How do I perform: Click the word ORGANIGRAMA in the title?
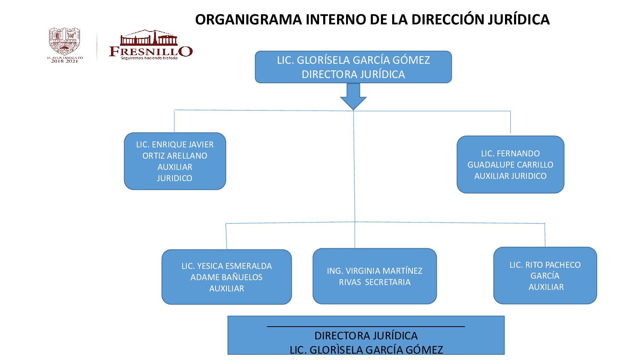pyautogui.click(x=248, y=19)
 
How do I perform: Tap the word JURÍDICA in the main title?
pyautogui.click(x=519, y=19)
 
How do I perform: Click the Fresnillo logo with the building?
pyautogui.click(x=150, y=44)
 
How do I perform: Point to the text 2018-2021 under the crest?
pyautogui.click(x=64, y=61)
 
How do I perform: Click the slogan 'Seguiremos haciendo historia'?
pyautogui.click(x=149, y=58)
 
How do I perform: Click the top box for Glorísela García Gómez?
pyautogui.click(x=353, y=67)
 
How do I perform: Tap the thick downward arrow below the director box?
pyautogui.click(x=353, y=96)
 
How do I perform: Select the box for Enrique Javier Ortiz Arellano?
pyautogui.click(x=175, y=161)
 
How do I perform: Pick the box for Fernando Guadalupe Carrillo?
pyautogui.click(x=510, y=165)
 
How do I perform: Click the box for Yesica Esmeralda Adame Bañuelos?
pyautogui.click(x=226, y=277)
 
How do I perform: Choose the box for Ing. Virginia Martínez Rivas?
pyautogui.click(x=375, y=276)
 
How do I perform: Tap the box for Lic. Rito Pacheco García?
pyautogui.click(x=545, y=276)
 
